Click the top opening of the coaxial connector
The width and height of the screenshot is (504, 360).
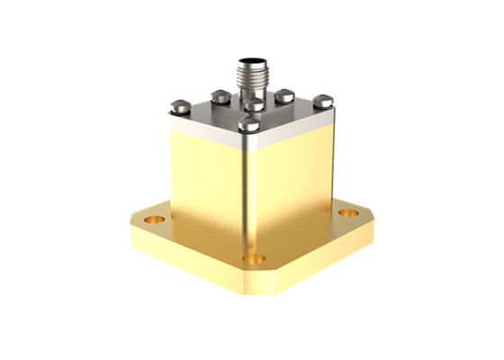[x=250, y=62]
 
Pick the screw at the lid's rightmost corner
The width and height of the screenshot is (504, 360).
[x=323, y=102]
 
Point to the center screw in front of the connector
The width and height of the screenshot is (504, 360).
[x=255, y=105]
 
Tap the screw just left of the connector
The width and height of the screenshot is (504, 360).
[x=220, y=95]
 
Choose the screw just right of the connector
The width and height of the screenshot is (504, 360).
[x=284, y=94]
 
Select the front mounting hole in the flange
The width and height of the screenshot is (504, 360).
[x=255, y=258]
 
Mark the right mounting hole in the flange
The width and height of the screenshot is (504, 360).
[x=348, y=213]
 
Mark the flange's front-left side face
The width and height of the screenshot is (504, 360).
[x=189, y=261]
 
